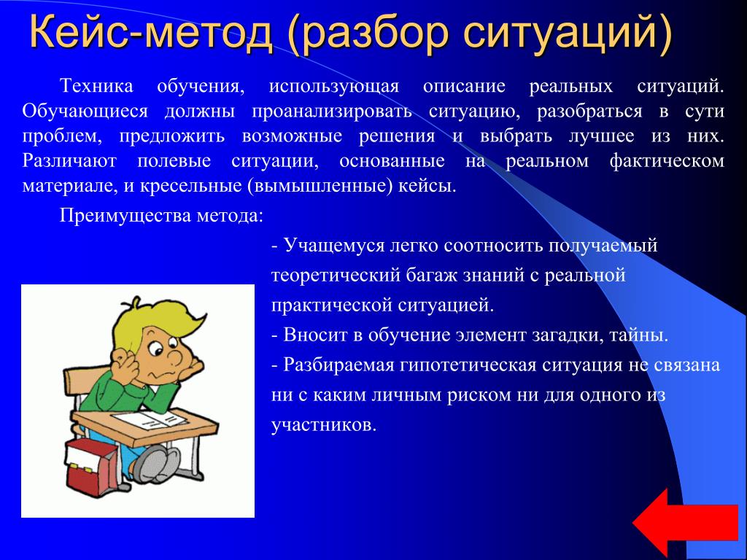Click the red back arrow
686,523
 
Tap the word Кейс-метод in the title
150,32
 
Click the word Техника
96,86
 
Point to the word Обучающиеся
85,112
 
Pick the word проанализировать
332,112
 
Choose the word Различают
69,161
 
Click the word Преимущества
125,216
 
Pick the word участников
324,425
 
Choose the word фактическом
667,161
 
